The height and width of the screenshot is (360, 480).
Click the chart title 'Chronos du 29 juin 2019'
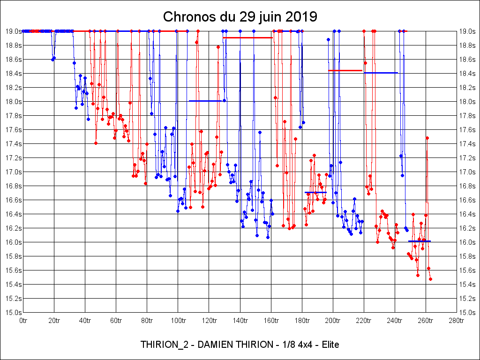click(240, 17)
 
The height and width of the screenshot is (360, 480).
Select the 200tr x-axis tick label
click(333, 321)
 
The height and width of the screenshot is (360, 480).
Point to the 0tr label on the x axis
click(23, 321)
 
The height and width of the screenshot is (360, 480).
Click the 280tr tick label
click(457, 321)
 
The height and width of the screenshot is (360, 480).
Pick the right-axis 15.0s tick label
click(467, 312)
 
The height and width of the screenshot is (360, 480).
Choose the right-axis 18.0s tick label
click(467, 101)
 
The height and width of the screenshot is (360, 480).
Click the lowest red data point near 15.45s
click(430, 279)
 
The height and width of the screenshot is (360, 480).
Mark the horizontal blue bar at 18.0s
click(205, 101)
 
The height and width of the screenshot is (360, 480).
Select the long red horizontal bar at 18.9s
click(248, 37)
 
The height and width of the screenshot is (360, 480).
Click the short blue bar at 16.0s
click(420, 241)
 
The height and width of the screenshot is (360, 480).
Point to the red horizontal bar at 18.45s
click(345, 70)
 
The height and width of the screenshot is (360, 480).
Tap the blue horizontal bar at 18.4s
click(381, 73)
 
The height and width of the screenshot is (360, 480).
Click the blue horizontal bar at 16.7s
click(315, 192)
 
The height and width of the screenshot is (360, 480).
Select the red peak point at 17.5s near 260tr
click(427, 138)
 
